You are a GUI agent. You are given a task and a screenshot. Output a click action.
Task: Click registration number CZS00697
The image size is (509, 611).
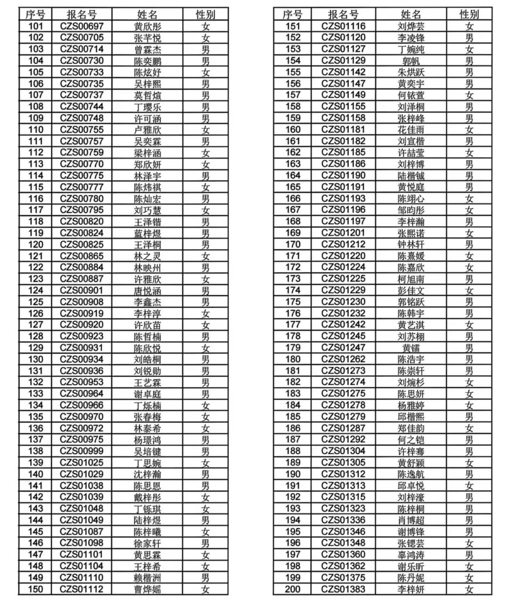pyautogui.click(x=82, y=26)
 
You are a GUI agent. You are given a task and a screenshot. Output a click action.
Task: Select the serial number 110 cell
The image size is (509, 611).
pyautogui.click(x=36, y=130)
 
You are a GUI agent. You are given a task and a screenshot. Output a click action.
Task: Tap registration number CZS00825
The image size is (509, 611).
pyautogui.click(x=82, y=245)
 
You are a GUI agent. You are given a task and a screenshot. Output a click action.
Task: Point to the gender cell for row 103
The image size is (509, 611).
pyautogui.click(x=205, y=50)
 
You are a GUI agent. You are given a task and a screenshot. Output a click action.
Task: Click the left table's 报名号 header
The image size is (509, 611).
pyautogui.click(x=82, y=15)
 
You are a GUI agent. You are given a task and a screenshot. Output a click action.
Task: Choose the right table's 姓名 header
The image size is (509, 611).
pyautogui.click(x=410, y=15)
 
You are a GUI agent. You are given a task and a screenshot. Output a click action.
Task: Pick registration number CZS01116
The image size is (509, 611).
pyautogui.click(x=343, y=26)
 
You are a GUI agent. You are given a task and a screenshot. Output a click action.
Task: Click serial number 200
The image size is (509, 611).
pyautogui.click(x=293, y=589)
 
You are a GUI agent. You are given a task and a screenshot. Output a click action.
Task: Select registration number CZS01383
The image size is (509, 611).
pyautogui.click(x=343, y=589)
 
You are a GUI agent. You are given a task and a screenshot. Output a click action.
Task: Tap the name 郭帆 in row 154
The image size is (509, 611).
pyautogui.click(x=410, y=61)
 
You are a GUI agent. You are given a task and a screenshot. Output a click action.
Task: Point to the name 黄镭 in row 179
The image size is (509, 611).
pyautogui.click(x=410, y=348)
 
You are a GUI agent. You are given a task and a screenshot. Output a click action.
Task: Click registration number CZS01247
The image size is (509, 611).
pyautogui.click(x=343, y=348)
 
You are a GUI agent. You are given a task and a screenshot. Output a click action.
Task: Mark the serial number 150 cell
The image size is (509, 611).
pyautogui.click(x=36, y=589)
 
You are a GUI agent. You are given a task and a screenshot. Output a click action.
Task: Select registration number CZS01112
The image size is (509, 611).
pyautogui.click(x=82, y=589)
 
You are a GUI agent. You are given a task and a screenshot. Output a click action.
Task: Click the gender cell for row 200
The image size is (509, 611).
pyautogui.click(x=469, y=589)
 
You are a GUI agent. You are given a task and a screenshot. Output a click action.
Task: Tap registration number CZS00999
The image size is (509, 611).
pyautogui.click(x=82, y=451)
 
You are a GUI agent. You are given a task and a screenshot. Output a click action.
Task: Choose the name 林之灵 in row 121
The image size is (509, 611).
pyautogui.click(x=147, y=256)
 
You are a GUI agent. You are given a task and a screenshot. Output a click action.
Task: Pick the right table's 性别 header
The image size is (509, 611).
pyautogui.click(x=469, y=15)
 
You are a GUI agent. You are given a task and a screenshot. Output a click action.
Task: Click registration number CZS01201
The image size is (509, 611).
pyautogui.click(x=343, y=233)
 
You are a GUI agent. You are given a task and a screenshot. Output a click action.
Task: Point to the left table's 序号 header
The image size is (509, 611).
pyautogui.click(x=36, y=15)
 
